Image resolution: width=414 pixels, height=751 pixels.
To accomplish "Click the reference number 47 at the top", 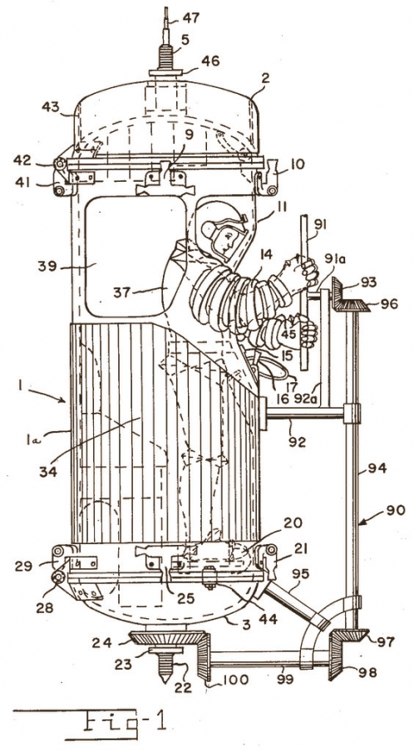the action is pyautogui.click(x=190, y=18).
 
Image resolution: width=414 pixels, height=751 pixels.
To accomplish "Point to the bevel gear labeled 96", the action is pyautogui.click(x=355, y=305).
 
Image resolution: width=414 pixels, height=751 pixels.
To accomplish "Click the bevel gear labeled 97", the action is pyautogui.click(x=351, y=634).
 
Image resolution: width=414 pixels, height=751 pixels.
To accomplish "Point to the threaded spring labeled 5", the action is pyautogui.click(x=165, y=59).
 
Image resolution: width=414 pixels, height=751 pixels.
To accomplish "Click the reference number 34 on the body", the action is pyautogui.click(x=48, y=471).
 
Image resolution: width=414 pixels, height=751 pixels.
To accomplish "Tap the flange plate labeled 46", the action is pyautogui.click(x=165, y=73).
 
